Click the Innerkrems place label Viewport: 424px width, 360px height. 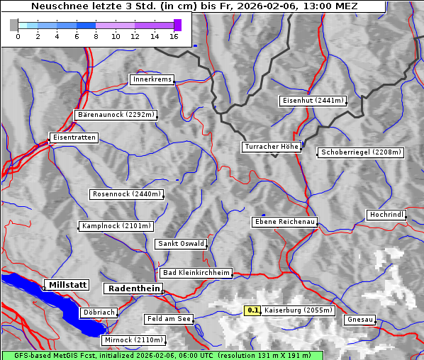click(x=152, y=79)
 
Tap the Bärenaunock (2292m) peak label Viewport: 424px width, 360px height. click(x=115, y=114)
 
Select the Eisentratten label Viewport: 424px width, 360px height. click(x=73, y=137)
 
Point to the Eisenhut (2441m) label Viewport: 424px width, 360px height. click(x=313, y=101)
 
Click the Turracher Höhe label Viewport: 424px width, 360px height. click(x=272, y=147)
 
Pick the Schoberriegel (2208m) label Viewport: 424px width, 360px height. click(x=361, y=152)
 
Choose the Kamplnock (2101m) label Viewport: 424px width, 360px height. click(x=116, y=226)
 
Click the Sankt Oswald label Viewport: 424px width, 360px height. click(x=181, y=244)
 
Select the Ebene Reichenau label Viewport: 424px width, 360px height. click(x=284, y=222)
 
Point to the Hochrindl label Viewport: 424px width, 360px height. click(x=386, y=214)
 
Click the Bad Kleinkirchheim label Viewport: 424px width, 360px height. click(x=196, y=272)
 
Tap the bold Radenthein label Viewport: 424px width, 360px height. click(x=133, y=288)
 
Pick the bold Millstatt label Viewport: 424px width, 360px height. click(x=67, y=284)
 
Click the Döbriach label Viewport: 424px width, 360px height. click(x=99, y=312)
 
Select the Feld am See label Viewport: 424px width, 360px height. click(x=169, y=319)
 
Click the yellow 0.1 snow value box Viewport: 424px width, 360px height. click(x=252, y=310)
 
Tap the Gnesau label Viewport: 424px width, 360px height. click(x=360, y=319)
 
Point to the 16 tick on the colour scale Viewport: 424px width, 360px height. click(x=174, y=36)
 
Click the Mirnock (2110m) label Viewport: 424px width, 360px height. click(x=128, y=340)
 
